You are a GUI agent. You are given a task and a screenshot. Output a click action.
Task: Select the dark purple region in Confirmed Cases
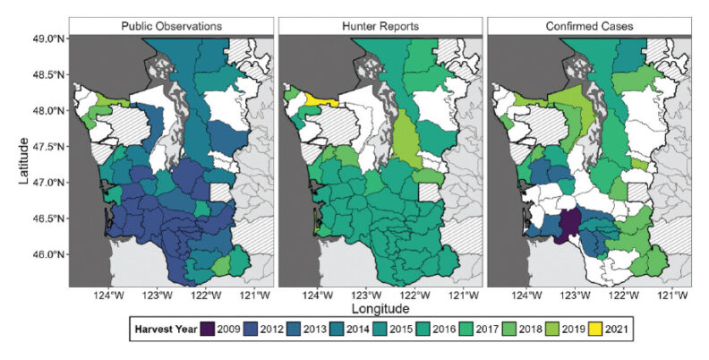point(567,226)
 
